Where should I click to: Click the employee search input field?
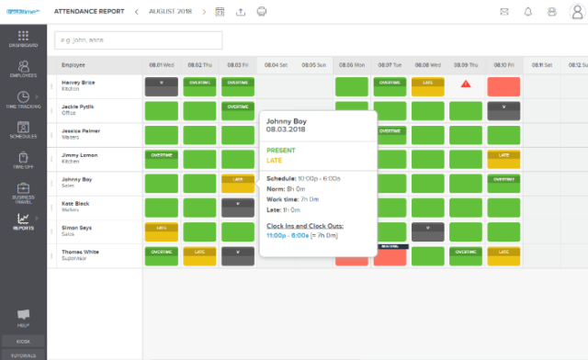(138, 40)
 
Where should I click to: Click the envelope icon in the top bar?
(504, 12)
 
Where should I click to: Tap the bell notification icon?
(528, 12)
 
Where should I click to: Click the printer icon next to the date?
(262, 12)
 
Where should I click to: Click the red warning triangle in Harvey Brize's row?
(465, 84)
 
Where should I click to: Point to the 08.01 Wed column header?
(162, 65)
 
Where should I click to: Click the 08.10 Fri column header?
(503, 65)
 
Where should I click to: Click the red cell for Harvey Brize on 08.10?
(503, 87)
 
